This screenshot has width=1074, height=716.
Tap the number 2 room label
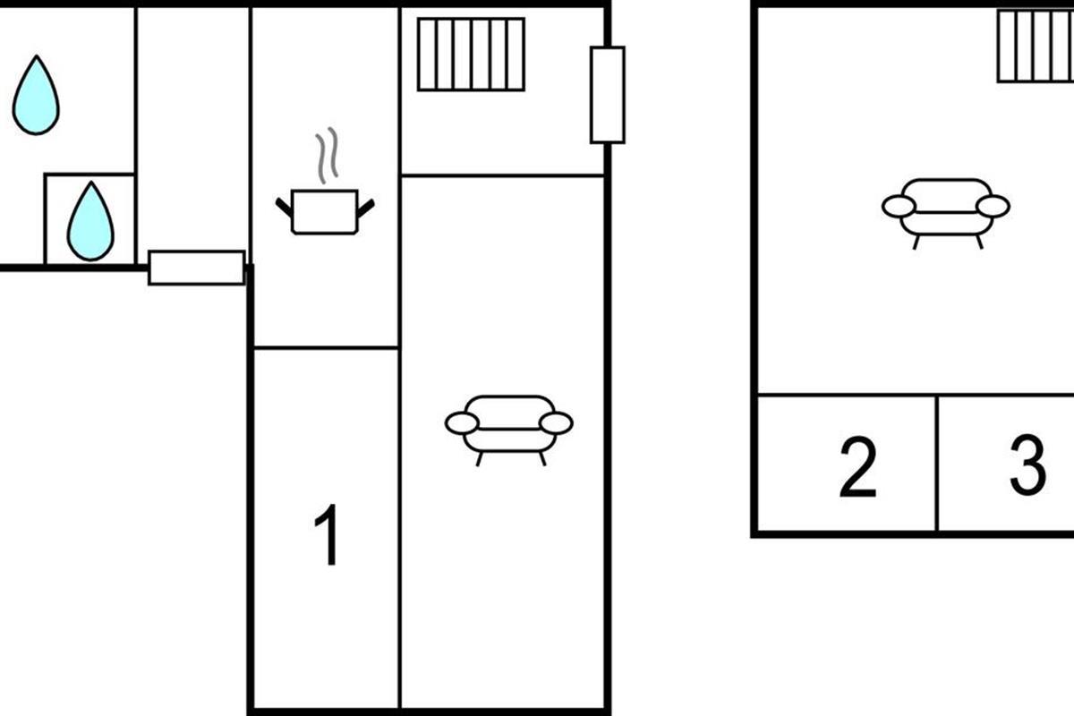tap(857, 466)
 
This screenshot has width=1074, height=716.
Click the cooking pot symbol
tap(325, 212)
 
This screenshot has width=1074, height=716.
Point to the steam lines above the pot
tap(327, 156)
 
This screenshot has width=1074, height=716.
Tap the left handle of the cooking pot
tap(284, 207)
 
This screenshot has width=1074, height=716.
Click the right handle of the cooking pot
tap(366, 208)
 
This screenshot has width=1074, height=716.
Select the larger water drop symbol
tap(36, 96)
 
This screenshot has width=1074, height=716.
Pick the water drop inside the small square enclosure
tap(90, 222)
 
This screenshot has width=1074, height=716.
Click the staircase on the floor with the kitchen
tap(472, 55)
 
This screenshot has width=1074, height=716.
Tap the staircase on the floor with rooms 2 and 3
tap(1036, 46)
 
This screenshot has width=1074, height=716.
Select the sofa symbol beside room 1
tap(508, 430)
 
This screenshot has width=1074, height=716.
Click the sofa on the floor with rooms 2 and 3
tap(946, 214)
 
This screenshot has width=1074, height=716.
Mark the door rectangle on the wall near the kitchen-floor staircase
tap(608, 95)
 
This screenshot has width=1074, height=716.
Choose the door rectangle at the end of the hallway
tap(197, 268)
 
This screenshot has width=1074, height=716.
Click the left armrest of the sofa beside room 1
tap(462, 423)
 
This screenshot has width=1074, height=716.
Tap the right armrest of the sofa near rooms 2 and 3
tap(993, 207)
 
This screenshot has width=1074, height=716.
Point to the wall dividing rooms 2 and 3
tap(936, 464)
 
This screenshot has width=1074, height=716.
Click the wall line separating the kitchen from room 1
tap(326, 347)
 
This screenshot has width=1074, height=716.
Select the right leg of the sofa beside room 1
tap(542, 458)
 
